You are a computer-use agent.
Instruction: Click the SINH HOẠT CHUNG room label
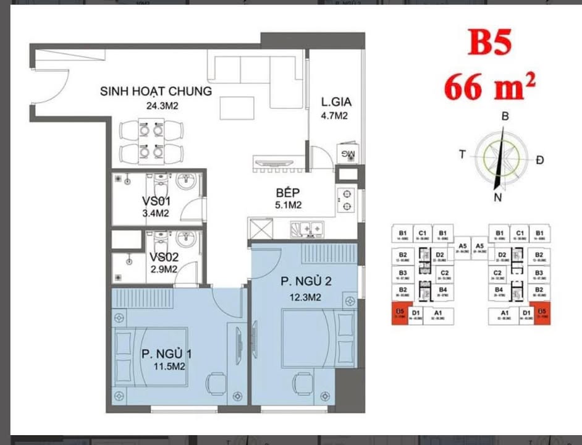(x=156, y=91)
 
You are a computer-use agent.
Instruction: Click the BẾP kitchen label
(x=289, y=192)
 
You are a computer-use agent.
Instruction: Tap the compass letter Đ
(x=541, y=160)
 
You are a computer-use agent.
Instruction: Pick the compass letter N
(x=497, y=198)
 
